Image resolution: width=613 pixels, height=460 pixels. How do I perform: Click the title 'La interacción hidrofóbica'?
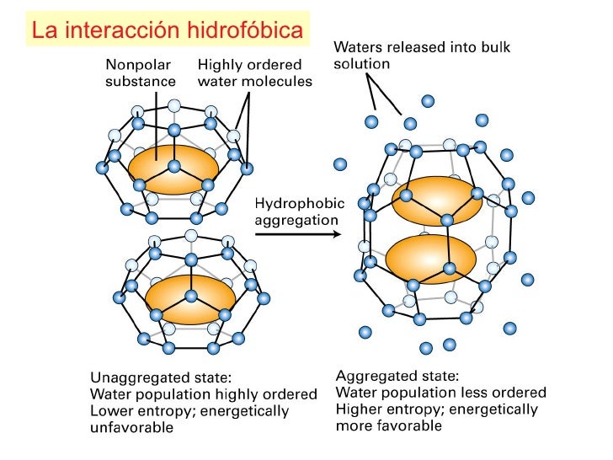pos(167,30)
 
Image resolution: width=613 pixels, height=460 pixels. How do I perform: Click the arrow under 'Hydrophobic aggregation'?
pos(299,233)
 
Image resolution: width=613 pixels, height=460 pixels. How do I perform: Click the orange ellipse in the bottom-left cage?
pos(190,299)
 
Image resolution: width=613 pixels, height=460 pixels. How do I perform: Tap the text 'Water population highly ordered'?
pos(203,394)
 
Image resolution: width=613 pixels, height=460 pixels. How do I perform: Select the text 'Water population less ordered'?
pos(440,393)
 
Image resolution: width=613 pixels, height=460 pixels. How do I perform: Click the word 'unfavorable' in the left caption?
pos(131,428)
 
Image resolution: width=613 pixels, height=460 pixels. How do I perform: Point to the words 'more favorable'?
pos(388,426)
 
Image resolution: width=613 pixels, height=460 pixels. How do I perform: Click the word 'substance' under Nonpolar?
pos(141,81)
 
